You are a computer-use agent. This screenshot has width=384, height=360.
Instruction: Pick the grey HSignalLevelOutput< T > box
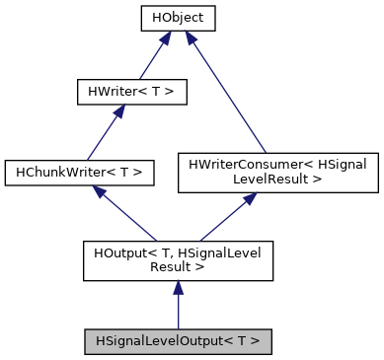click(x=178, y=341)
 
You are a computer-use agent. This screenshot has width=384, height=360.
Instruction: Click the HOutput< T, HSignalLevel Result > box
click(x=178, y=258)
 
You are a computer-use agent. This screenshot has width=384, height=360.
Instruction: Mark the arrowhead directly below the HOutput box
click(x=178, y=287)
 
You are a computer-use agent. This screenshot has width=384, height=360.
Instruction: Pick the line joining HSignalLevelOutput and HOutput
click(x=178, y=311)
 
